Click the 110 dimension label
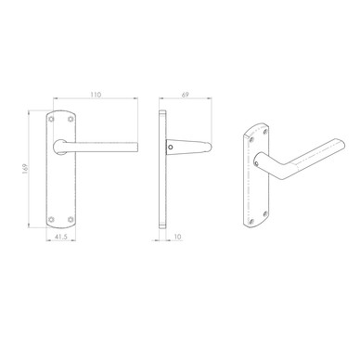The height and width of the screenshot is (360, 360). [96, 95]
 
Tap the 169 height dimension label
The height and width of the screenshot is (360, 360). [25, 169]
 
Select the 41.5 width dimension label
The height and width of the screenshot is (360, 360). [60, 237]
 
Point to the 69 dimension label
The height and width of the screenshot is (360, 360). [185, 95]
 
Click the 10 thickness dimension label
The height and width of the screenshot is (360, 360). [178, 237]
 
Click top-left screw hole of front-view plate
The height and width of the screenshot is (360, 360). [51, 119]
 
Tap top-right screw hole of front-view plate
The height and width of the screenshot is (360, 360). [71, 119]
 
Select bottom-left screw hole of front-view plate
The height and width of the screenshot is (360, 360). [51, 219]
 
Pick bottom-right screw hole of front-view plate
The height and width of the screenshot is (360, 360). [71, 219]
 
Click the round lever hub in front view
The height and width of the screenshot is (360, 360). [59, 147]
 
